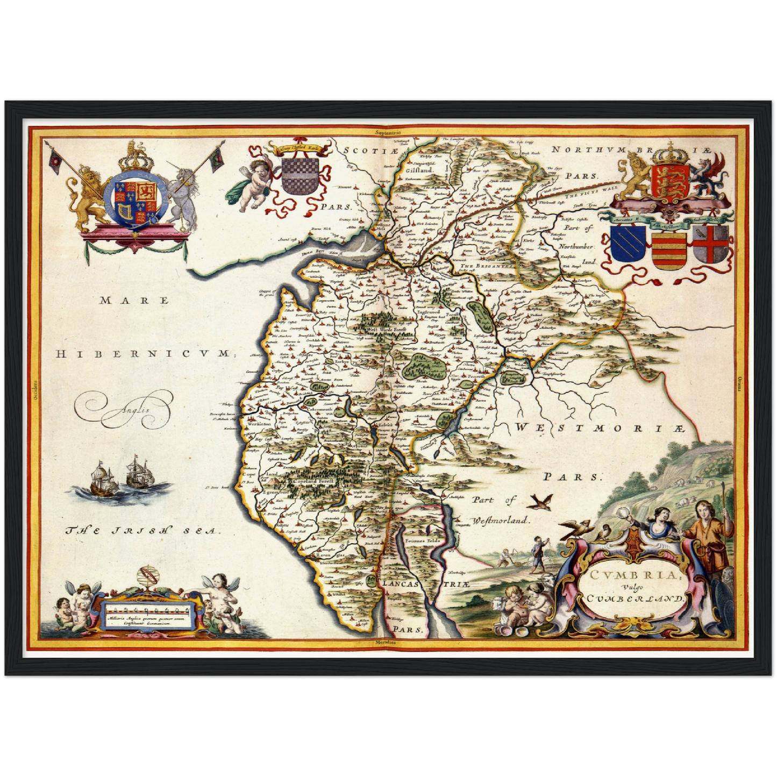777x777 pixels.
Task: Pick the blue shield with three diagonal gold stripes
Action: (x=628, y=244)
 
